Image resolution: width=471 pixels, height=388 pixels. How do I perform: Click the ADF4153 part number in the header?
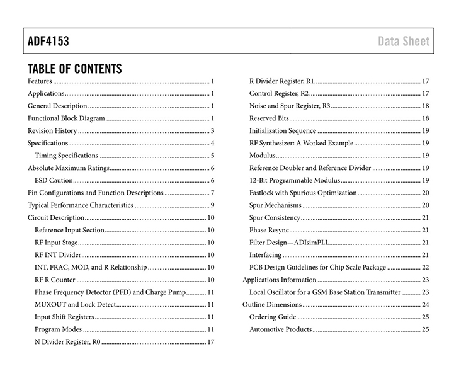(x=48, y=42)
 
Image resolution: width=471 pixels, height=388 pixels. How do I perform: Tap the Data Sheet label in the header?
(x=404, y=42)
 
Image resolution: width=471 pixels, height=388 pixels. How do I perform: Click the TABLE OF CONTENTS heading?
(x=75, y=69)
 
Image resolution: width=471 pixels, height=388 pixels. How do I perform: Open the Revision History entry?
(x=52, y=131)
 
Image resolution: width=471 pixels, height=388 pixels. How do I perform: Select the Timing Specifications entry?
(x=66, y=156)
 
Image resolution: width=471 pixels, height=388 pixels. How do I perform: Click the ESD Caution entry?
(x=54, y=181)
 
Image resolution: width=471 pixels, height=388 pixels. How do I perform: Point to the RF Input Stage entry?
(x=56, y=243)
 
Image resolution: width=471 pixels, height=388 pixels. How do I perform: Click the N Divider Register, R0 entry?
(x=67, y=342)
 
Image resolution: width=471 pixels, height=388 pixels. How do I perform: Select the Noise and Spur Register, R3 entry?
(x=290, y=106)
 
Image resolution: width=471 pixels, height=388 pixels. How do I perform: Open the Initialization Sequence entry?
(x=283, y=131)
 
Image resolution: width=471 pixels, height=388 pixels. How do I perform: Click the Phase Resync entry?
(x=267, y=230)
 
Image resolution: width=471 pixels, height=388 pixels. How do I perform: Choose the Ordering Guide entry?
(x=273, y=317)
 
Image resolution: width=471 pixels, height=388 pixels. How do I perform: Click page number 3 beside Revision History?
(x=213, y=131)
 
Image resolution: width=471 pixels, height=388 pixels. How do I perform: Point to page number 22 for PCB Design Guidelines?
(x=425, y=268)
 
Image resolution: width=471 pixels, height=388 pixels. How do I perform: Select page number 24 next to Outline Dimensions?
(x=425, y=305)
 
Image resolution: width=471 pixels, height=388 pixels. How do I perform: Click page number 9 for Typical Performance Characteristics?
(x=213, y=205)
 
